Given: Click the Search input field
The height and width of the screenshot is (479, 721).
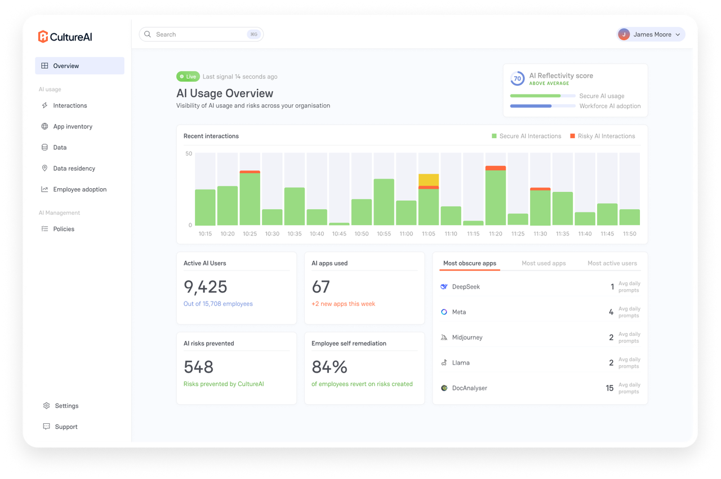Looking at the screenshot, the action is click(201, 34).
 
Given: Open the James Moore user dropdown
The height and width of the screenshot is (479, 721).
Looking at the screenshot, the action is click(651, 34).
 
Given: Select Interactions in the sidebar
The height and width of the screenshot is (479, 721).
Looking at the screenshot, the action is click(70, 105).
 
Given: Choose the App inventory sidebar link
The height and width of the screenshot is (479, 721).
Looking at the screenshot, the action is click(73, 126).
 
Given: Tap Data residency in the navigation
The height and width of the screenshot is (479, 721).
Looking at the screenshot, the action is click(74, 168).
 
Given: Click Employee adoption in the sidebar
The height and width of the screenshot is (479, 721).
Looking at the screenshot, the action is click(79, 189).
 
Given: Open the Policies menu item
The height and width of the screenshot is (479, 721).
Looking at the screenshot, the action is click(64, 229).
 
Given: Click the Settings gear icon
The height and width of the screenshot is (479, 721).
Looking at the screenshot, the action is click(46, 406).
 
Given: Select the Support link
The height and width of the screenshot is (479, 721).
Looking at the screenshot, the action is click(66, 427).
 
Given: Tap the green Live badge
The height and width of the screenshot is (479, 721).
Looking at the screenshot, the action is click(188, 77).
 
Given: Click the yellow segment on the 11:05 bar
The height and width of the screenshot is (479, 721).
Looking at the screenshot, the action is click(429, 180).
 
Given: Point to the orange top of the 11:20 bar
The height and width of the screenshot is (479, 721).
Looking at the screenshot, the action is click(495, 168).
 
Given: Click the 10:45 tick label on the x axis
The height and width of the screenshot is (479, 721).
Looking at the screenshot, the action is click(339, 234).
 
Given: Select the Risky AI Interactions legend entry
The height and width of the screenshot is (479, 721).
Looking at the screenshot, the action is click(603, 136).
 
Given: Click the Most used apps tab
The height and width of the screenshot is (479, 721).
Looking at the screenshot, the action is click(544, 263).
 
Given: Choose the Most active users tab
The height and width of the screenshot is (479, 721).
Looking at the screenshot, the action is click(612, 263).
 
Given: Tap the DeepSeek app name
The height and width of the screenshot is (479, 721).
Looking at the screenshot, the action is click(466, 287).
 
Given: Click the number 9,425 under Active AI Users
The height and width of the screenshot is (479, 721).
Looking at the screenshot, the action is click(206, 287).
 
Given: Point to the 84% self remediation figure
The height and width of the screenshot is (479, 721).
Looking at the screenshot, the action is click(330, 367).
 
